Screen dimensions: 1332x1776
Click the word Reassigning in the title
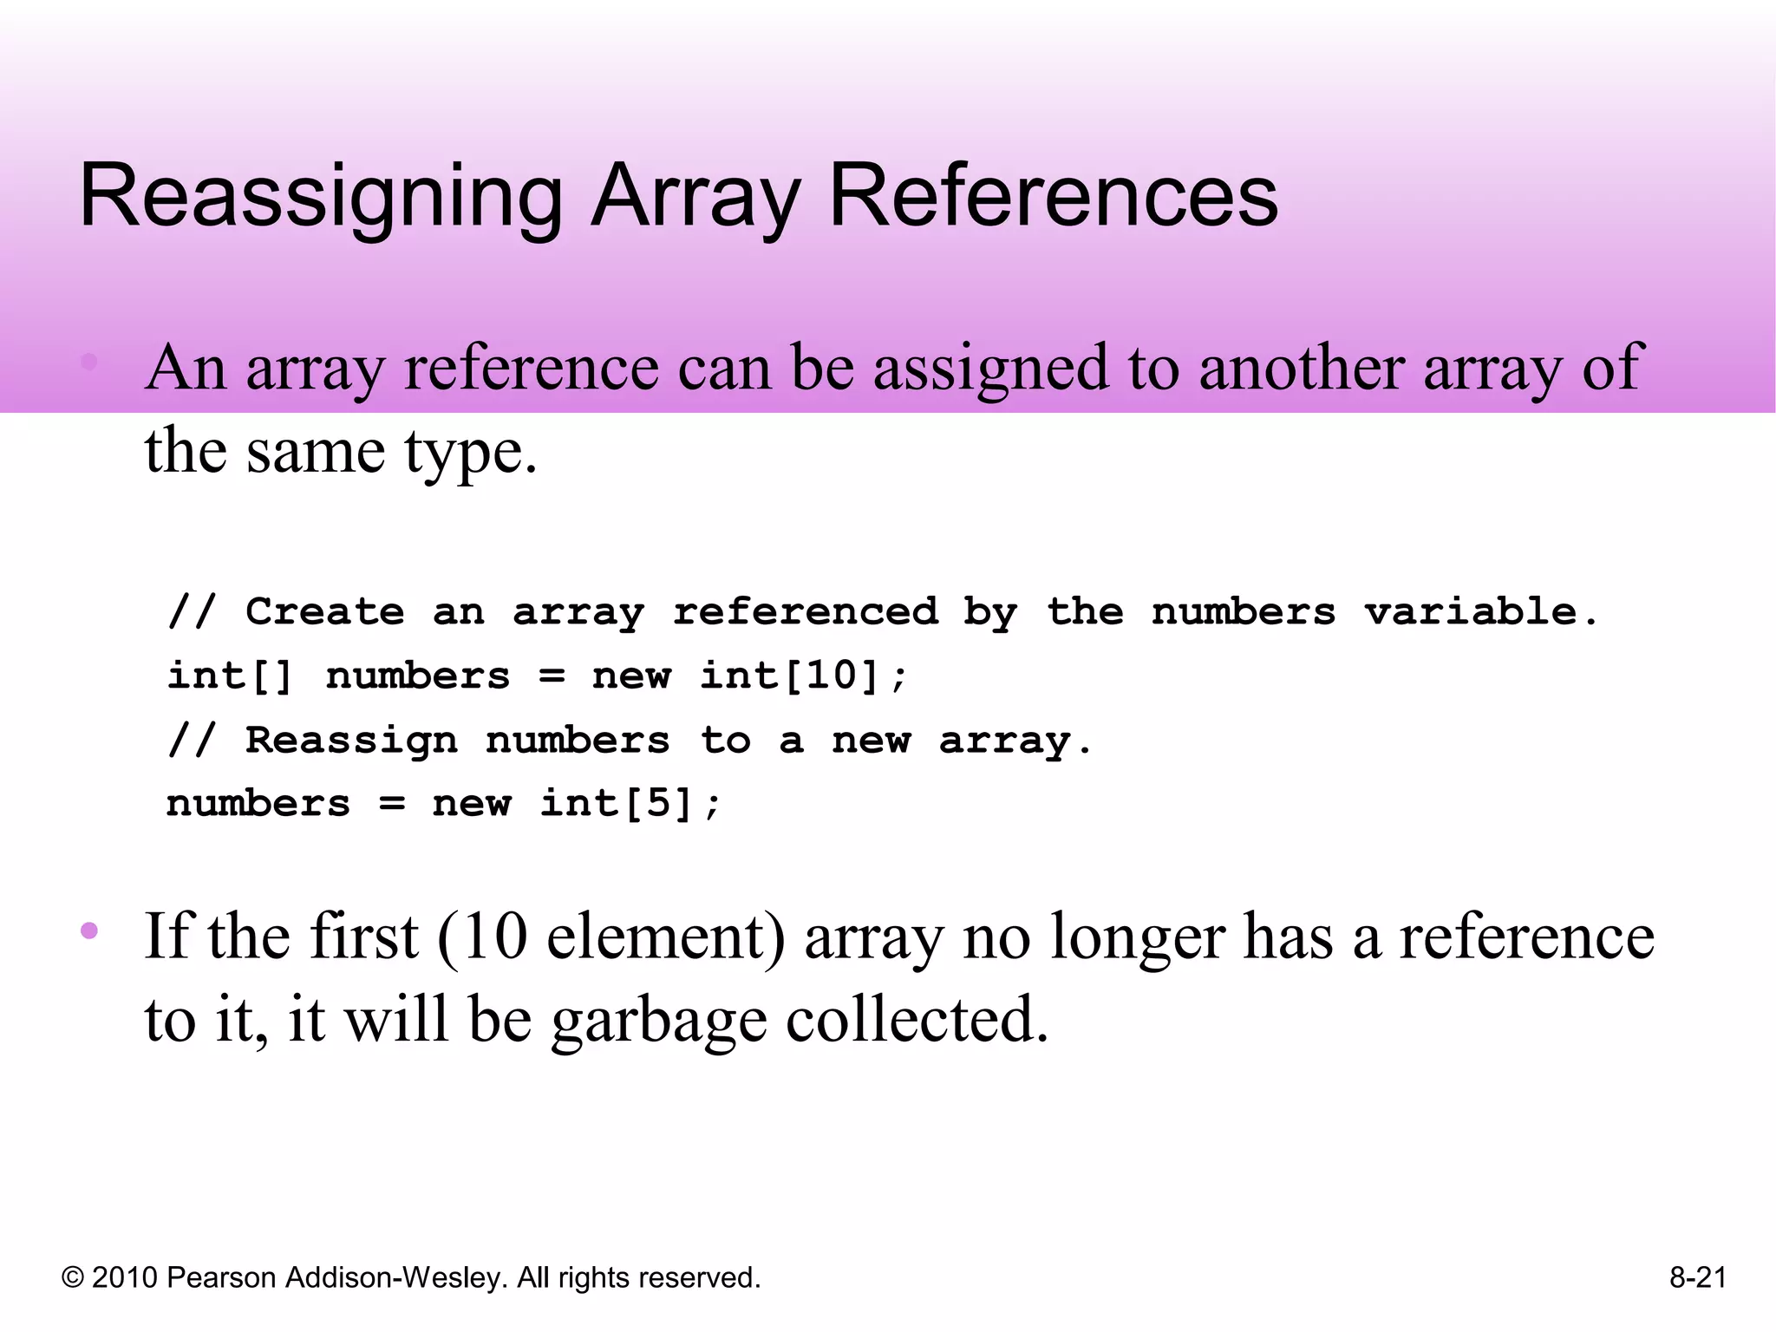[x=321, y=198]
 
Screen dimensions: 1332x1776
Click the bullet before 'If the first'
[x=89, y=931]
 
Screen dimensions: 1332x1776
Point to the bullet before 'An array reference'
[x=89, y=362]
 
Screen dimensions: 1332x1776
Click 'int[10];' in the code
[x=804, y=676]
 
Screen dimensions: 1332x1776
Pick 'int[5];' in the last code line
[x=630, y=803]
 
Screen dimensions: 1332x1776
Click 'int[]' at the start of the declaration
[x=230, y=676]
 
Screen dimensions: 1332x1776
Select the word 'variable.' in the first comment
[x=1481, y=611]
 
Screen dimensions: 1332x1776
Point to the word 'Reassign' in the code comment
[x=351, y=740]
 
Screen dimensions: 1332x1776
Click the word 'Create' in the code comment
[x=325, y=611]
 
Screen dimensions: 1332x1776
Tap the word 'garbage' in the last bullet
[x=659, y=1021]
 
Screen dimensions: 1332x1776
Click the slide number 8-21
[x=1698, y=1277]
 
